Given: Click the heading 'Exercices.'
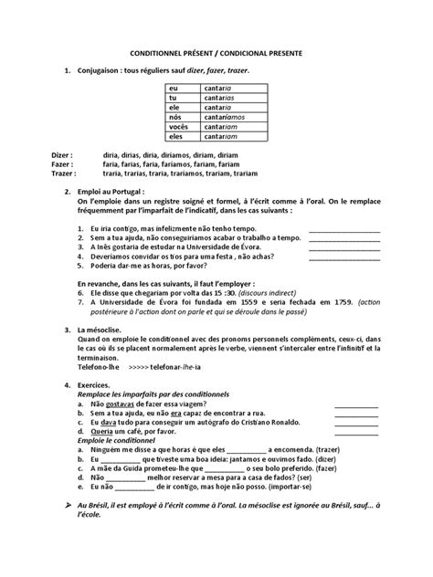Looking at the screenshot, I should (100, 386).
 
